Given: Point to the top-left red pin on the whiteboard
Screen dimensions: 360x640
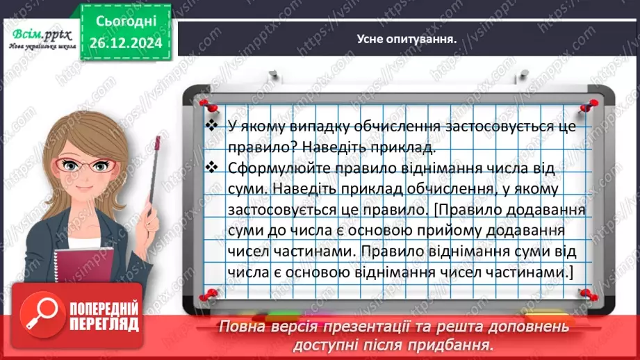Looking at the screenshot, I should click(204, 103).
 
